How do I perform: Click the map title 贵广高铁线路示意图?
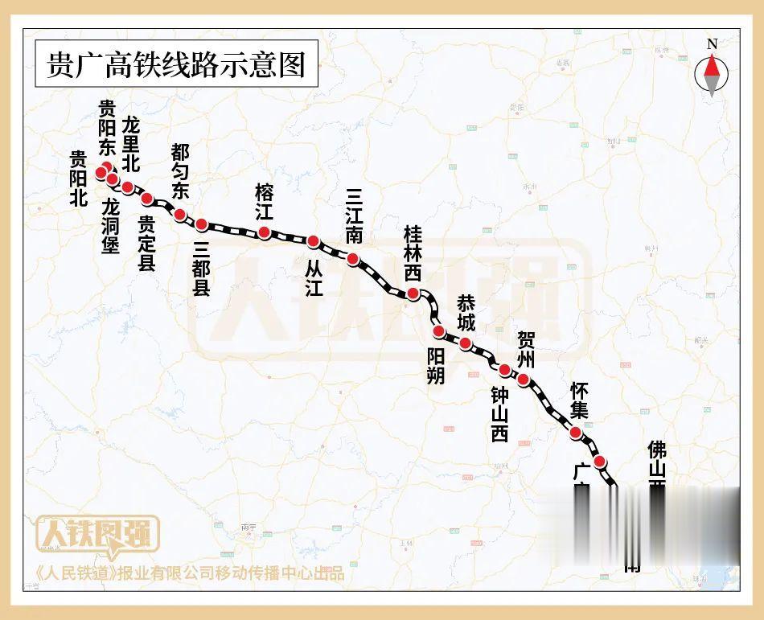[x=177, y=64]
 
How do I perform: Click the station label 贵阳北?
[x=78, y=179]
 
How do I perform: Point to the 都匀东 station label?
[x=180, y=171]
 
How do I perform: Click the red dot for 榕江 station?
[x=264, y=233]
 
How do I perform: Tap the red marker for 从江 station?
[x=314, y=241]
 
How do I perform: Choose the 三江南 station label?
[x=354, y=215]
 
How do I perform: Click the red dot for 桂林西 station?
[x=413, y=294]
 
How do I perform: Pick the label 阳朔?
[x=435, y=366]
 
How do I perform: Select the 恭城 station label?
[x=466, y=314]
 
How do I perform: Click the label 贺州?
[x=526, y=347]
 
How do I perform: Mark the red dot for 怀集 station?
[x=576, y=433]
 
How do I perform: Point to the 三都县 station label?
[x=201, y=269]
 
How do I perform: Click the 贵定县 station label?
[x=146, y=243]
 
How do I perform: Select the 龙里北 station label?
[x=131, y=144]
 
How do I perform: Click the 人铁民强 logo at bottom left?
[x=98, y=536]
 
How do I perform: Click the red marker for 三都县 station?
[x=201, y=224]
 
